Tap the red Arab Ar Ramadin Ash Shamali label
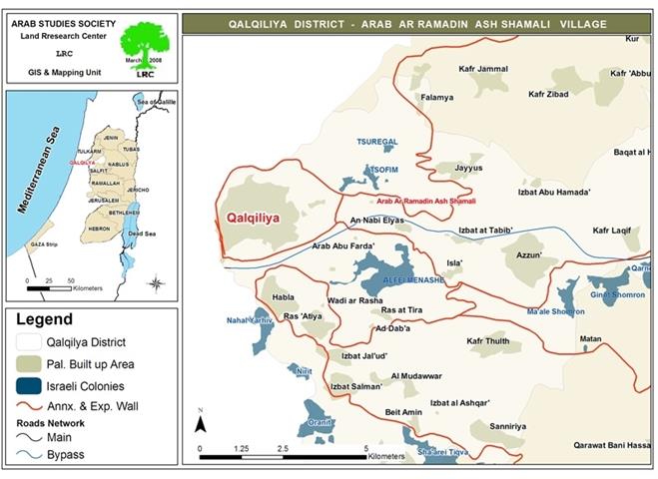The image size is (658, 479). pyautogui.click(x=425, y=201)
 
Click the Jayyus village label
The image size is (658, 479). pyautogui.click(x=468, y=168)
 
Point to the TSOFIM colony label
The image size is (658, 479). pyautogui.click(x=384, y=170)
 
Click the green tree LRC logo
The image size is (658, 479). pyautogui.click(x=145, y=46)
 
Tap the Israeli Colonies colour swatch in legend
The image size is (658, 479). pyautogui.click(x=30, y=384)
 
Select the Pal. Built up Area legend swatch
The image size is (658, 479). pyautogui.click(x=30, y=363)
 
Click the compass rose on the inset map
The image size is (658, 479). pyautogui.click(x=156, y=283)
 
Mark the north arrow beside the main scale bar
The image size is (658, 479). pyautogui.click(x=201, y=421)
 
